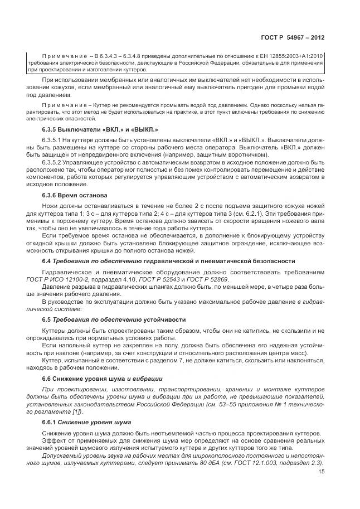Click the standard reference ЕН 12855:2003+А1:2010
pyautogui.click(x=293, y=57)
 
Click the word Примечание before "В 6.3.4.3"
pyautogui.click(x=62, y=57)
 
